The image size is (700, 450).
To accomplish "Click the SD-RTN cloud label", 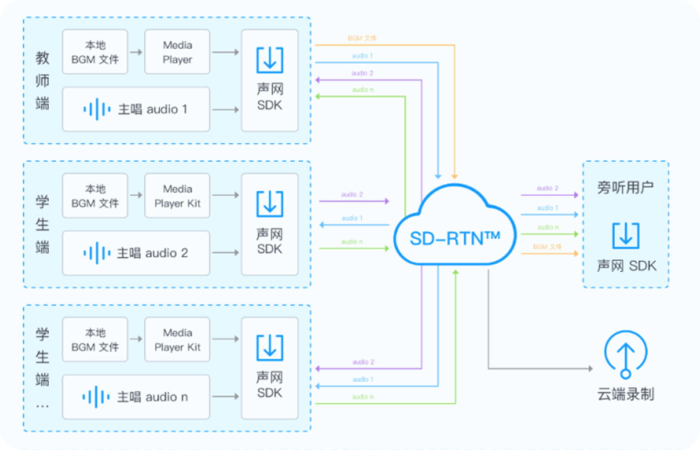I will pyautogui.click(x=455, y=238).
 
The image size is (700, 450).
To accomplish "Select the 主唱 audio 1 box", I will pyautogui.click(x=136, y=109).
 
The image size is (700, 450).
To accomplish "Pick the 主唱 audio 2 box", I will pyautogui.click(x=136, y=253).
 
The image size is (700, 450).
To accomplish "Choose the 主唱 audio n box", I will pyautogui.click(x=136, y=397).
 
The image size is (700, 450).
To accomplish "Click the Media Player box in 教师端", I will pyautogui.click(x=177, y=52).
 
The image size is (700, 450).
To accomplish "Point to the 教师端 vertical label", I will pyautogui.click(x=42, y=81).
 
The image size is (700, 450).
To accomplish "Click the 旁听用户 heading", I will pyautogui.click(x=625, y=187).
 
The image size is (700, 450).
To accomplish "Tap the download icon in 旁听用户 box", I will pyautogui.click(x=625, y=235).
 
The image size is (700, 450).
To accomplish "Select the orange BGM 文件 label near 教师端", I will pyautogui.click(x=362, y=38).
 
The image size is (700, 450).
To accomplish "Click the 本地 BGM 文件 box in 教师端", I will pyautogui.click(x=95, y=52).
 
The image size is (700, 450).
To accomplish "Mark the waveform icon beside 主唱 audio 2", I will pyautogui.click(x=97, y=253).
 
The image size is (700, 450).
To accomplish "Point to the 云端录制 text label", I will pyautogui.click(x=625, y=394).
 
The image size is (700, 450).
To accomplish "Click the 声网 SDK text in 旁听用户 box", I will pyautogui.click(x=627, y=266).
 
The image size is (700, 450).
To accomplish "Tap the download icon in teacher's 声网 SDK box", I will pyautogui.click(x=270, y=60).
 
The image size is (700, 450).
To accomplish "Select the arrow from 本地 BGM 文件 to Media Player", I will pyautogui.click(x=136, y=52).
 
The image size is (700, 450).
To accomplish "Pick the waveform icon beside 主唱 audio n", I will pyautogui.click(x=96, y=397).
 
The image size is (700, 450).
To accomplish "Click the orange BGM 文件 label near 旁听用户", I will pyautogui.click(x=547, y=247).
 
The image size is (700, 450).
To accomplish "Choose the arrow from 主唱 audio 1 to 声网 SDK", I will pyautogui.click(x=226, y=110).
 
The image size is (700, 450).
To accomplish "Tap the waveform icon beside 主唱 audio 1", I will pyautogui.click(x=97, y=109).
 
